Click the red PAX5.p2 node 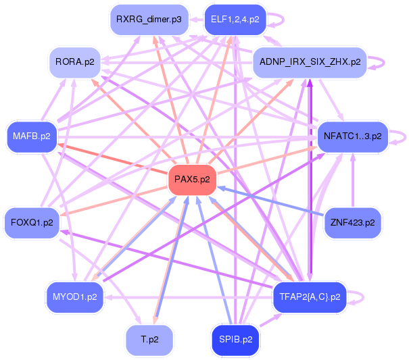tap(192, 180)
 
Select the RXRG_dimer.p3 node tap(149, 20)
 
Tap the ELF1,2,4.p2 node tap(235, 20)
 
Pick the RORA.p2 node tap(75, 62)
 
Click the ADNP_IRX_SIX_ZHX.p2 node tap(310, 62)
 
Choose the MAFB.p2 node tap(32, 136)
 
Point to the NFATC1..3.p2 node tap(353, 136)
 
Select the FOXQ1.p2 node tap(32, 223)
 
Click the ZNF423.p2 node tap(353, 223)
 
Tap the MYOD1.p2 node tap(75, 297)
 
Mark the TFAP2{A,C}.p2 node tap(310, 297)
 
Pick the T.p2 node tap(149, 340)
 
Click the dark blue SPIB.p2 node tap(235, 340)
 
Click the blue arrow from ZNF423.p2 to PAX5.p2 tap(270, 201)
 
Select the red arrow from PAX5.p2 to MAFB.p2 tap(113, 158)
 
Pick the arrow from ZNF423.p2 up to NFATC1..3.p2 tap(353, 180)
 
